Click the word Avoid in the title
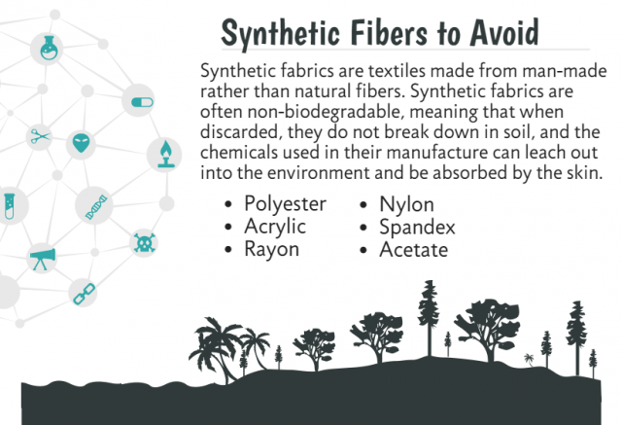coord(504,33)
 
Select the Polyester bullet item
coord(285,205)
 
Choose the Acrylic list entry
coord(275,228)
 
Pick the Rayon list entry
coord(272,250)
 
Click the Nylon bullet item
coord(406,205)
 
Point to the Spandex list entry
coord(417,228)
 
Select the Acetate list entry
coord(413,250)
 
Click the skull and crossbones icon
coord(144,243)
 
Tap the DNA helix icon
coord(96,207)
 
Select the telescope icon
coord(42,259)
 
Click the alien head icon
coord(81,143)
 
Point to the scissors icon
coord(40,136)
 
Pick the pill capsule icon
coord(142,102)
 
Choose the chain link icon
coord(85,294)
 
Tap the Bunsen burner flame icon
coord(165,154)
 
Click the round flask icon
coord(49,48)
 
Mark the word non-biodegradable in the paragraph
coord(324,112)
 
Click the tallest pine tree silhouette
coord(429,318)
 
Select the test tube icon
coord(9,206)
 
